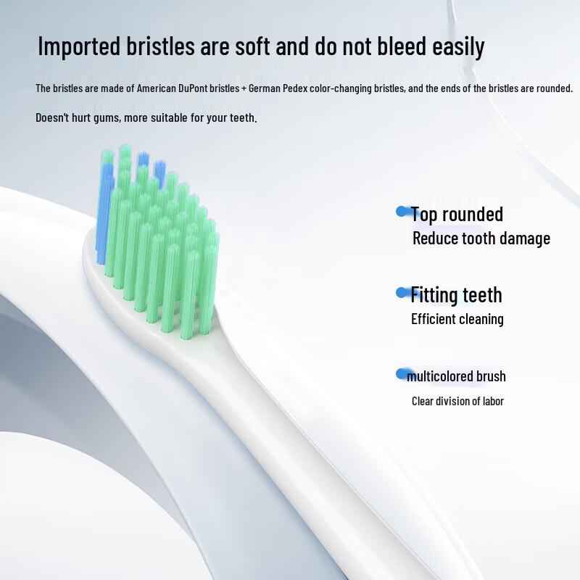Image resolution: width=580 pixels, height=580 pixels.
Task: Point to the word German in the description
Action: click(265, 88)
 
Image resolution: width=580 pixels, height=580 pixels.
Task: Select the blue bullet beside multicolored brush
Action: click(401, 374)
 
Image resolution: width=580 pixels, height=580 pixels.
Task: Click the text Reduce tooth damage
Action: click(481, 239)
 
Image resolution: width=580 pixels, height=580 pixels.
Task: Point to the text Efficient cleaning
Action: click(457, 319)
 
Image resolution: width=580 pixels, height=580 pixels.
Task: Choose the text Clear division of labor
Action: click(457, 401)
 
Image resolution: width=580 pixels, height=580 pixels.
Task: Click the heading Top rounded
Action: click(457, 214)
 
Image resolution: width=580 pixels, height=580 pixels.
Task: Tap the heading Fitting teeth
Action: click(456, 295)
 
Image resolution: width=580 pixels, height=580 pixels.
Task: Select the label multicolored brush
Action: click(456, 376)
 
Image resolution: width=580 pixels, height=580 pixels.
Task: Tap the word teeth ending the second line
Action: click(242, 117)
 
